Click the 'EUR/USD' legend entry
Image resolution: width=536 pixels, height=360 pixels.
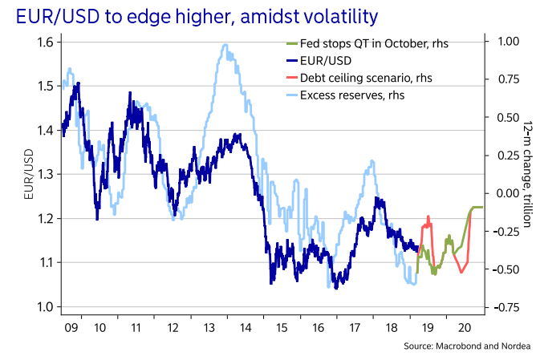click(x=326, y=59)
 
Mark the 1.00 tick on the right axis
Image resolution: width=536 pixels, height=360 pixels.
click(x=504, y=42)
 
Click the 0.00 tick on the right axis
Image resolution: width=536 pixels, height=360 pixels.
click(x=504, y=193)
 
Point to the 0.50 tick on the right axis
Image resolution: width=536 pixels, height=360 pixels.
click(x=504, y=117)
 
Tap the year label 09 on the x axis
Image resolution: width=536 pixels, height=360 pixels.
click(x=70, y=327)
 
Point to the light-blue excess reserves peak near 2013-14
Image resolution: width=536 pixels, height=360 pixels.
click(x=224, y=47)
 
